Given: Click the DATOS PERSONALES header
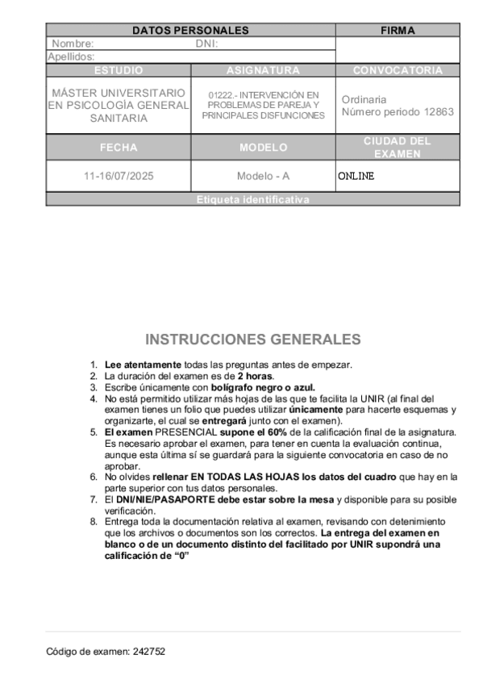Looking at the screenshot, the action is (x=190, y=31).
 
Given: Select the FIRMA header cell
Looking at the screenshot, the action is (x=398, y=31).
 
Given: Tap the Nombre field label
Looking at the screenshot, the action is (x=73, y=44).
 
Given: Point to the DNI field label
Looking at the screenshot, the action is (x=207, y=44).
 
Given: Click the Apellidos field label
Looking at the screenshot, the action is (x=72, y=56).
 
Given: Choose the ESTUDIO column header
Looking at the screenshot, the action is (x=119, y=70).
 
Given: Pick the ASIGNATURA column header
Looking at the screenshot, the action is (x=263, y=70).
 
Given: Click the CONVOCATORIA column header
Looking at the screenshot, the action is (x=398, y=70).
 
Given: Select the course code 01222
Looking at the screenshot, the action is (x=221, y=94).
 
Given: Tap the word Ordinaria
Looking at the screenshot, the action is (x=364, y=99).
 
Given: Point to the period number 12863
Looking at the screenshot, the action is (x=439, y=112).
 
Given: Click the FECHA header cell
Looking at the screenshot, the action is (x=119, y=148).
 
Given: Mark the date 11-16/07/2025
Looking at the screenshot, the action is (x=119, y=176).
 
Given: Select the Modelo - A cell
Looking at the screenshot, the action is (x=263, y=176).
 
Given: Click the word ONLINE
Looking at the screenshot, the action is (x=356, y=176).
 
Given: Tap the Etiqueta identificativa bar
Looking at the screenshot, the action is (x=252, y=200).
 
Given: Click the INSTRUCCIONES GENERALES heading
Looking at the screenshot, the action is (x=252, y=339).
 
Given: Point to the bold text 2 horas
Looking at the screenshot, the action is (x=255, y=376).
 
